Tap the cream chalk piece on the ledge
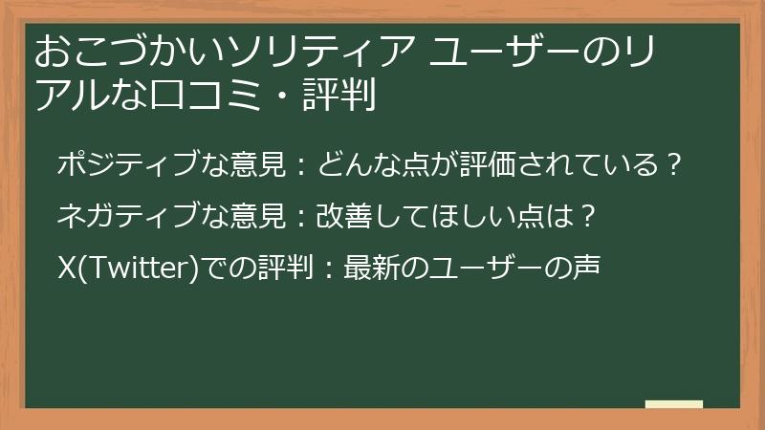[x=673, y=405]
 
